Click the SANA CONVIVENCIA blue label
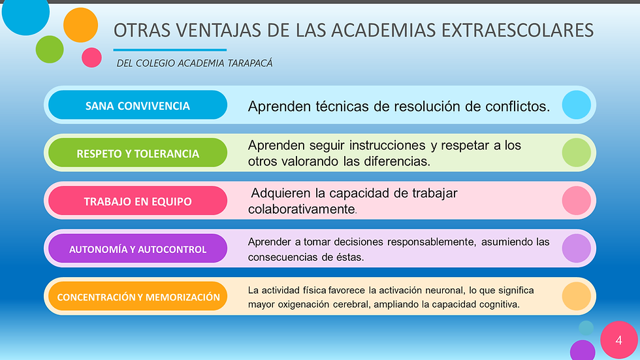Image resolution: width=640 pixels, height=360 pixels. click(138, 105)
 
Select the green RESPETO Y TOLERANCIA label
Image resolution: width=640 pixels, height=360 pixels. click(138, 154)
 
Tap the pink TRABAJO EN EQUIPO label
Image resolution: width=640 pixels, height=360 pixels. click(138, 201)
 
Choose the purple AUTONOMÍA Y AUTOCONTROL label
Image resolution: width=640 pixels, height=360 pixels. click(138, 249)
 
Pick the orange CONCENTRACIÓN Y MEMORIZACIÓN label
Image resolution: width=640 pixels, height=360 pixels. click(138, 297)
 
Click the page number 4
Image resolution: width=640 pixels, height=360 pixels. click(618, 340)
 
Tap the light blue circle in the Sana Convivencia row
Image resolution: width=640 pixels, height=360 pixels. click(576, 105)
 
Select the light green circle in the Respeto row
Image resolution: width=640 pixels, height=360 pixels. click(576, 153)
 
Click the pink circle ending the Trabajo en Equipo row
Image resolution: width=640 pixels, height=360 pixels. click(576, 201)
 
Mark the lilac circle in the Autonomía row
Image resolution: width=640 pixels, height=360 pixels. click(576, 248)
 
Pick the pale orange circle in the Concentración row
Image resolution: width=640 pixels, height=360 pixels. click(576, 296)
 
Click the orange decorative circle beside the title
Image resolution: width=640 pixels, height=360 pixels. click(80, 25)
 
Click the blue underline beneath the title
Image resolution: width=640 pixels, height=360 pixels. click(170, 50)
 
